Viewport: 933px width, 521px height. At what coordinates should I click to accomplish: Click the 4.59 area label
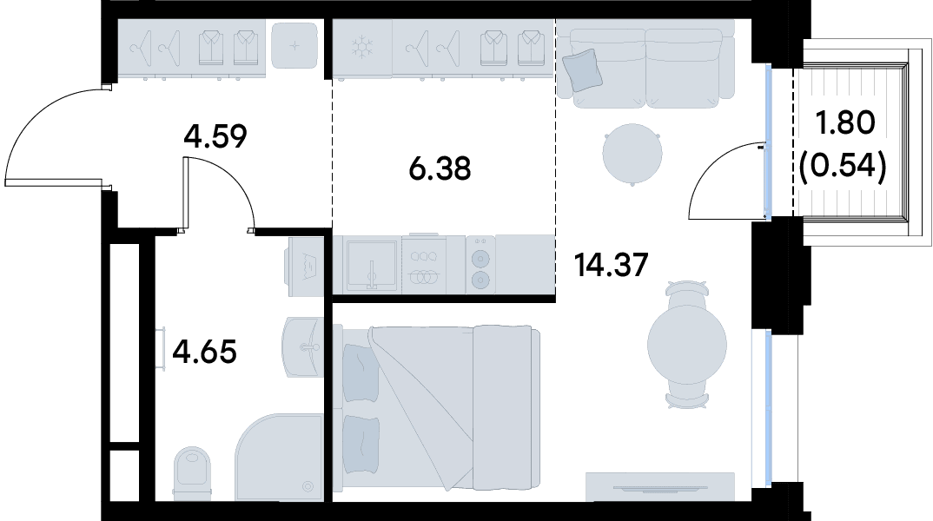click(x=215, y=137)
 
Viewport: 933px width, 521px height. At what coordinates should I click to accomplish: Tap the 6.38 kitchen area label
click(x=440, y=169)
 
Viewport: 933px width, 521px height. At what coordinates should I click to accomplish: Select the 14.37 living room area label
click(x=611, y=265)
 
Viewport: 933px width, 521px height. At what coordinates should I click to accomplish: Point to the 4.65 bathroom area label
click(x=204, y=352)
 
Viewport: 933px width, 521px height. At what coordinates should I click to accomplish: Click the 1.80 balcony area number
click(x=844, y=123)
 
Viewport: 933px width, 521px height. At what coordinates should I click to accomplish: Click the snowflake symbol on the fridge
click(x=361, y=48)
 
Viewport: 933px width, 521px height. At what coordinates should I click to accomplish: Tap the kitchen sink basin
click(x=372, y=265)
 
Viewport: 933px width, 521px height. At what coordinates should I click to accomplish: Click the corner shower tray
click(x=280, y=458)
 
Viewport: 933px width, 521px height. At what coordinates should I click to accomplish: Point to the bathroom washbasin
click(x=303, y=346)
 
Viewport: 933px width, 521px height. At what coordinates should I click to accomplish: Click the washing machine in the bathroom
click(x=306, y=267)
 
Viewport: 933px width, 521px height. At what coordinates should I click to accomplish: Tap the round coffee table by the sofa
click(x=632, y=154)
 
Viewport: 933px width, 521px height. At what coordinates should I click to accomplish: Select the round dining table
click(x=687, y=345)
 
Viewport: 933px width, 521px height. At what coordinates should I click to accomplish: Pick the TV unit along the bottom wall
click(x=660, y=486)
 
